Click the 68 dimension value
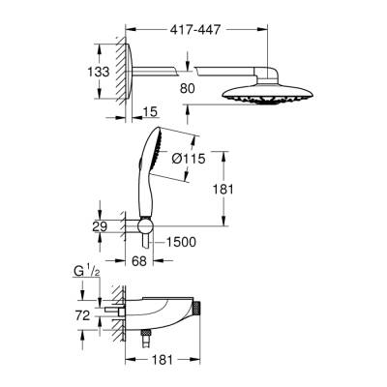pos(140,262)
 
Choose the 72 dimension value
pos(83,314)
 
